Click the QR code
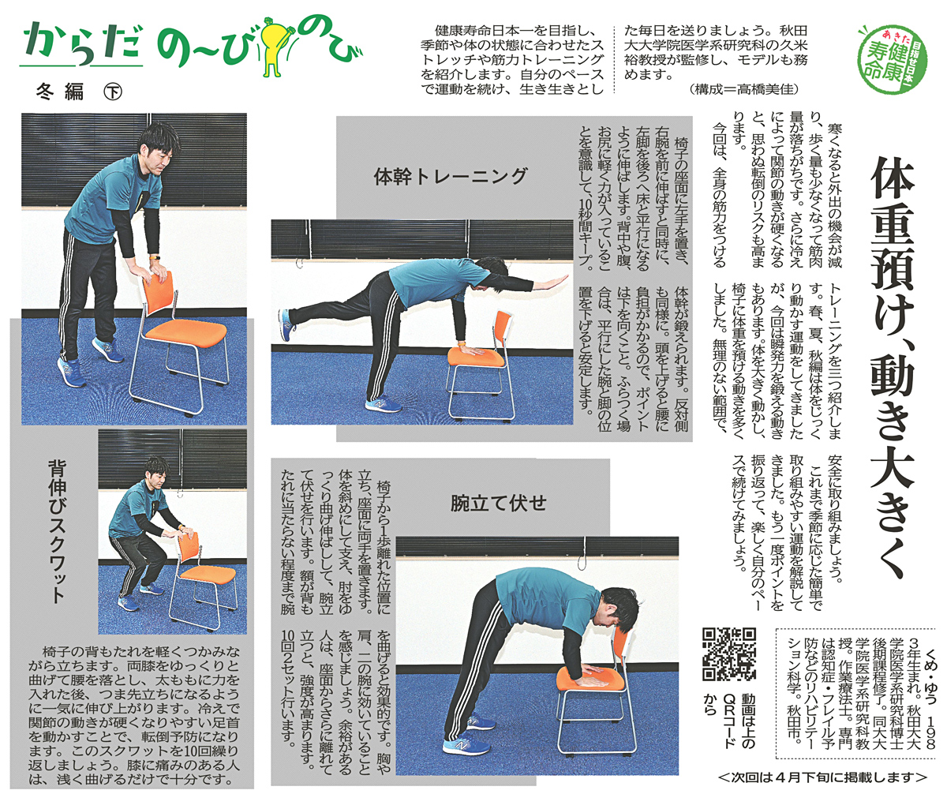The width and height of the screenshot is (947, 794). coord(729,654)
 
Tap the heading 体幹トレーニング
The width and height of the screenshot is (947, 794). coord(451,176)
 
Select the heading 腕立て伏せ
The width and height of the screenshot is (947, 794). coord(498,504)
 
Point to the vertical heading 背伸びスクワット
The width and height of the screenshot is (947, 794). coord(57,531)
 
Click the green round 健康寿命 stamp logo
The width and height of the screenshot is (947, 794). coord(892,58)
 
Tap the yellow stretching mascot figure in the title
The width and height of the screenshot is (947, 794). coord(275,44)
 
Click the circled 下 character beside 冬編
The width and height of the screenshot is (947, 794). coord(113,92)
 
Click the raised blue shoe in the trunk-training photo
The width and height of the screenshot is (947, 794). coord(286,325)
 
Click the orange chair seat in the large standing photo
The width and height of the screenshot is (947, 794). coord(186,331)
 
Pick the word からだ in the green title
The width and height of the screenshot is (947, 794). coord(81,44)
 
